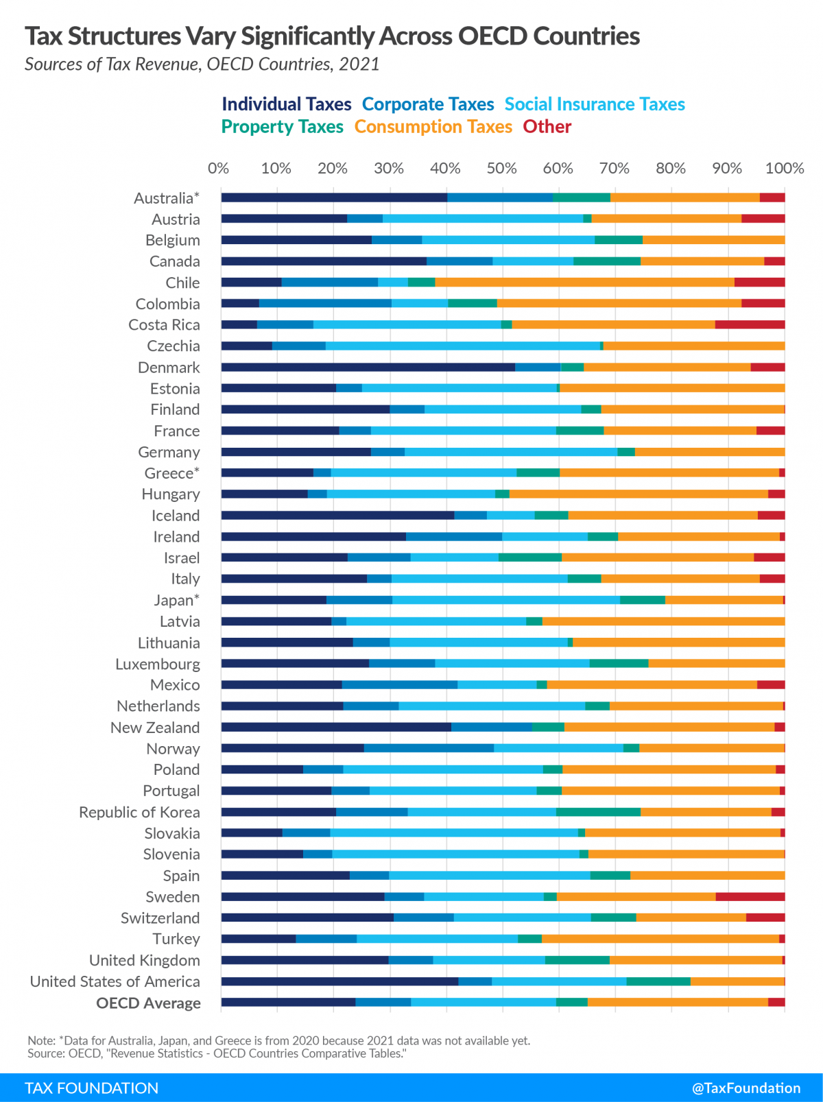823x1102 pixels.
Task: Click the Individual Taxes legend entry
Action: coord(286,104)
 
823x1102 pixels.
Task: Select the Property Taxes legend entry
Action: coord(282,127)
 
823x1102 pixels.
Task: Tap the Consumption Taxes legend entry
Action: coord(433,127)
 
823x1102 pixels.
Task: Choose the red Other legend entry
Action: coord(547,127)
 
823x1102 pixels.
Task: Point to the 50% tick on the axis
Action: coord(501,169)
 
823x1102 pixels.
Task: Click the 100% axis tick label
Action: coord(784,169)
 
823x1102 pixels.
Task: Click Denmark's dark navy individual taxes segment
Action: coord(368,367)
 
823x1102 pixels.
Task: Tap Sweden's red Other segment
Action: coord(750,896)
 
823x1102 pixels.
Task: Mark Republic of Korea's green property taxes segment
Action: coord(598,812)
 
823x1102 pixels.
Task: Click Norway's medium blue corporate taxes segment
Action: coord(429,748)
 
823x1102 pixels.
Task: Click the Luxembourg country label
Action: coord(158,664)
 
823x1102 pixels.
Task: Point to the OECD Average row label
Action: coord(148,1003)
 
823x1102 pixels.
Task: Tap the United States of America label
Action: coord(115,981)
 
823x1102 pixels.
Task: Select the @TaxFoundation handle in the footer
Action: coord(746,1088)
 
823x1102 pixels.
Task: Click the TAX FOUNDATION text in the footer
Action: coord(91,1088)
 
